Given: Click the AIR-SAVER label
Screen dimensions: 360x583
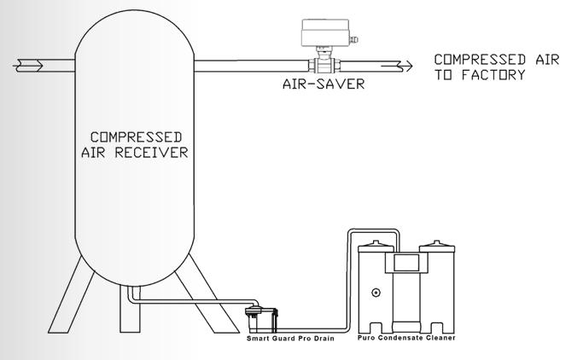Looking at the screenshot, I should (324, 85).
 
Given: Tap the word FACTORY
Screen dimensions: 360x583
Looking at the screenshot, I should (494, 74).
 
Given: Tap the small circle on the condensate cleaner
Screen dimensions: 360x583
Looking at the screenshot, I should (376, 292).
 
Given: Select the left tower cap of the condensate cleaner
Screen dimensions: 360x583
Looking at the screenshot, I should (378, 249).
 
